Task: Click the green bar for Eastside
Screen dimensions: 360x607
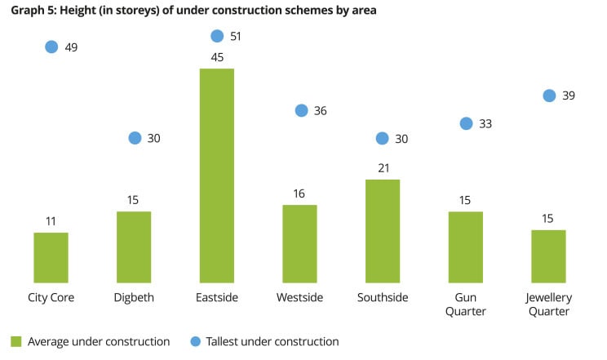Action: click(216, 176)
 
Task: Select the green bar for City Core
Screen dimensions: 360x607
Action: click(51, 257)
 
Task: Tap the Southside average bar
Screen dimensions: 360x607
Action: click(383, 231)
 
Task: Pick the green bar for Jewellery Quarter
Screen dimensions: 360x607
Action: click(548, 256)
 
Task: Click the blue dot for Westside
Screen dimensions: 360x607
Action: click(301, 110)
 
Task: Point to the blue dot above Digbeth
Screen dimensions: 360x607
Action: click(135, 138)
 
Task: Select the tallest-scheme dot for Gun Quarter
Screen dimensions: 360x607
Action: click(466, 123)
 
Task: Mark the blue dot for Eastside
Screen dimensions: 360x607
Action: click(217, 36)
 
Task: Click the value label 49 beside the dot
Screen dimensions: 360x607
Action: click(71, 47)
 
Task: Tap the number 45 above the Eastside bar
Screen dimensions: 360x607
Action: click(217, 57)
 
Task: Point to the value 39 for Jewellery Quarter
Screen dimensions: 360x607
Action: click(569, 96)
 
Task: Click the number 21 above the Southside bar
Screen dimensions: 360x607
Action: click(383, 168)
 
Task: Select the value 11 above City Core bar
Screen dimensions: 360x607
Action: click(51, 221)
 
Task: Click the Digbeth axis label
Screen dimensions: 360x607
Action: click(134, 297)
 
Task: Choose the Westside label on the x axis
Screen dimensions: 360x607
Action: click(299, 297)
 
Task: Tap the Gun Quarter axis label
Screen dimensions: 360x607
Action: click(466, 304)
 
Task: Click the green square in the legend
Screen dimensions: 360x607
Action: click(16, 341)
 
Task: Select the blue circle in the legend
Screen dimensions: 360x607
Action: click(194, 341)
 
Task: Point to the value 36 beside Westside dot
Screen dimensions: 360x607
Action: click(320, 110)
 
